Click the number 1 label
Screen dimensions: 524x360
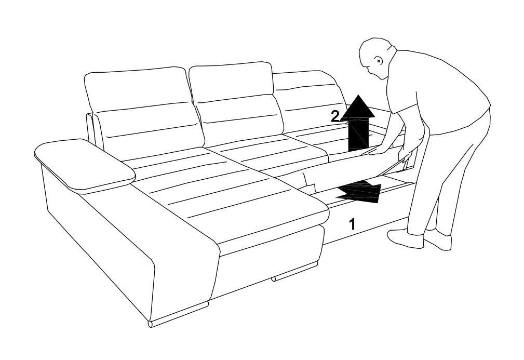[352, 224]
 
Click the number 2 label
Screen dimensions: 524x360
[335, 117]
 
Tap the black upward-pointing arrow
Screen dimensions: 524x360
[358, 124]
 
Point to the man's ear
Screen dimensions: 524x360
[379, 61]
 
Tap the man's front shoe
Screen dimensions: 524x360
[405, 238]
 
